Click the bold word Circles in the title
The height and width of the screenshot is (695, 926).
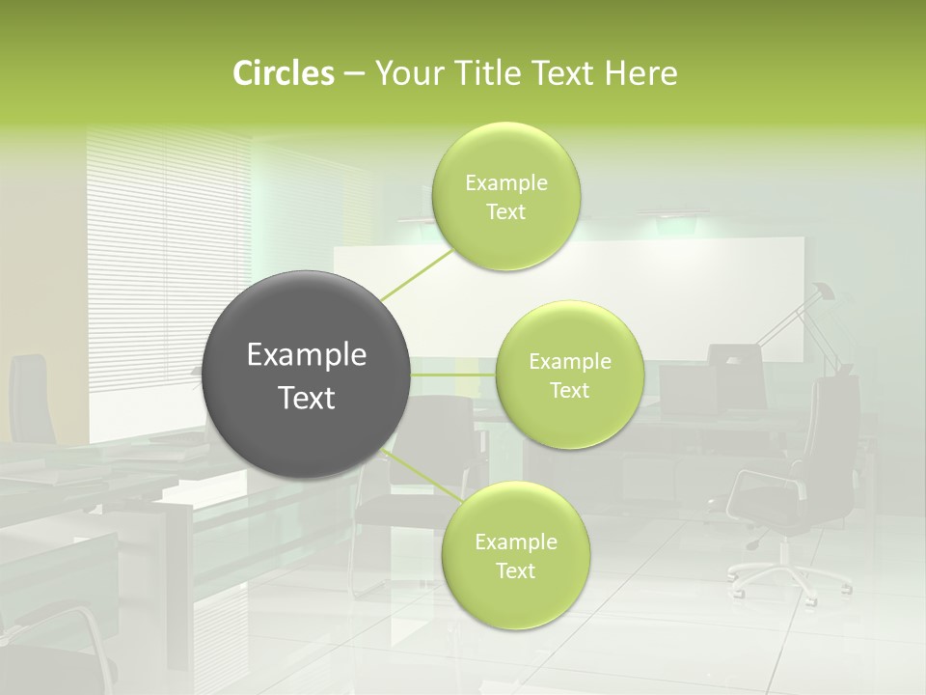coord(283,73)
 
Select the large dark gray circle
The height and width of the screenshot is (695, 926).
coord(307,375)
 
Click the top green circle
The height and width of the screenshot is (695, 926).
coord(505,197)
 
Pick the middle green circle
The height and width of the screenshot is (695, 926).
coord(569,375)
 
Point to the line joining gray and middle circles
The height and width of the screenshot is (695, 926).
coord(453,375)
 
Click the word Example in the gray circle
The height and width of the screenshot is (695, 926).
coord(307,355)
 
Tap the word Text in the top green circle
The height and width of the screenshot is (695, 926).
coord(505,212)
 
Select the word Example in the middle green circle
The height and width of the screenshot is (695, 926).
coord(569,361)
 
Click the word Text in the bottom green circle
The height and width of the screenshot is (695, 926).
coord(515,570)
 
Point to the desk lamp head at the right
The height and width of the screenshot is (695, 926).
coord(822,292)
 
